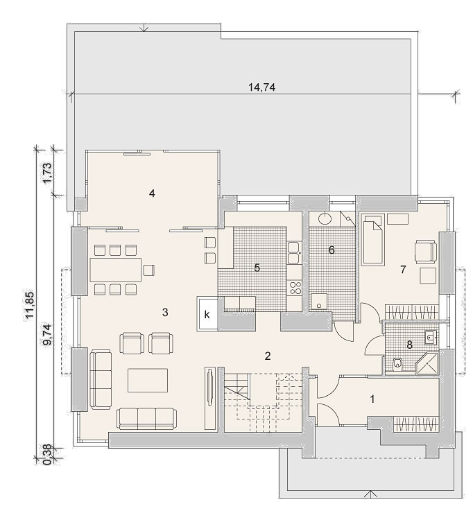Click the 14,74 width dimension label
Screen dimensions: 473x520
[x=261, y=87]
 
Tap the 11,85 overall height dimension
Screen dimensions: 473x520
[x=31, y=305]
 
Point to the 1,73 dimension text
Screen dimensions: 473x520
[x=48, y=173]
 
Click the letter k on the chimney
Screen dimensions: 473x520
[x=207, y=314]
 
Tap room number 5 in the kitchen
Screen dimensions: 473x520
[x=257, y=268]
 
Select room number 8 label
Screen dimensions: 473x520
[x=409, y=345]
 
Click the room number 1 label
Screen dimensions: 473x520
[x=372, y=399]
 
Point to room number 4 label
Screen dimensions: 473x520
[x=152, y=193]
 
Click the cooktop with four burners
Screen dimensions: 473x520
[x=295, y=288]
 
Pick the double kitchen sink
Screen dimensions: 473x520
[x=295, y=252]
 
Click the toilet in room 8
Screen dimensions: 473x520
[x=397, y=365]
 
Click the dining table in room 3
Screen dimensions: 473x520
[x=115, y=270]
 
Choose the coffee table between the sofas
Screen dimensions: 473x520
[x=148, y=380]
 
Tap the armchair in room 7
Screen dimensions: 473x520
[x=426, y=252]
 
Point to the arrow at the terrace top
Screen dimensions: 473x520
[x=144, y=28]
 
